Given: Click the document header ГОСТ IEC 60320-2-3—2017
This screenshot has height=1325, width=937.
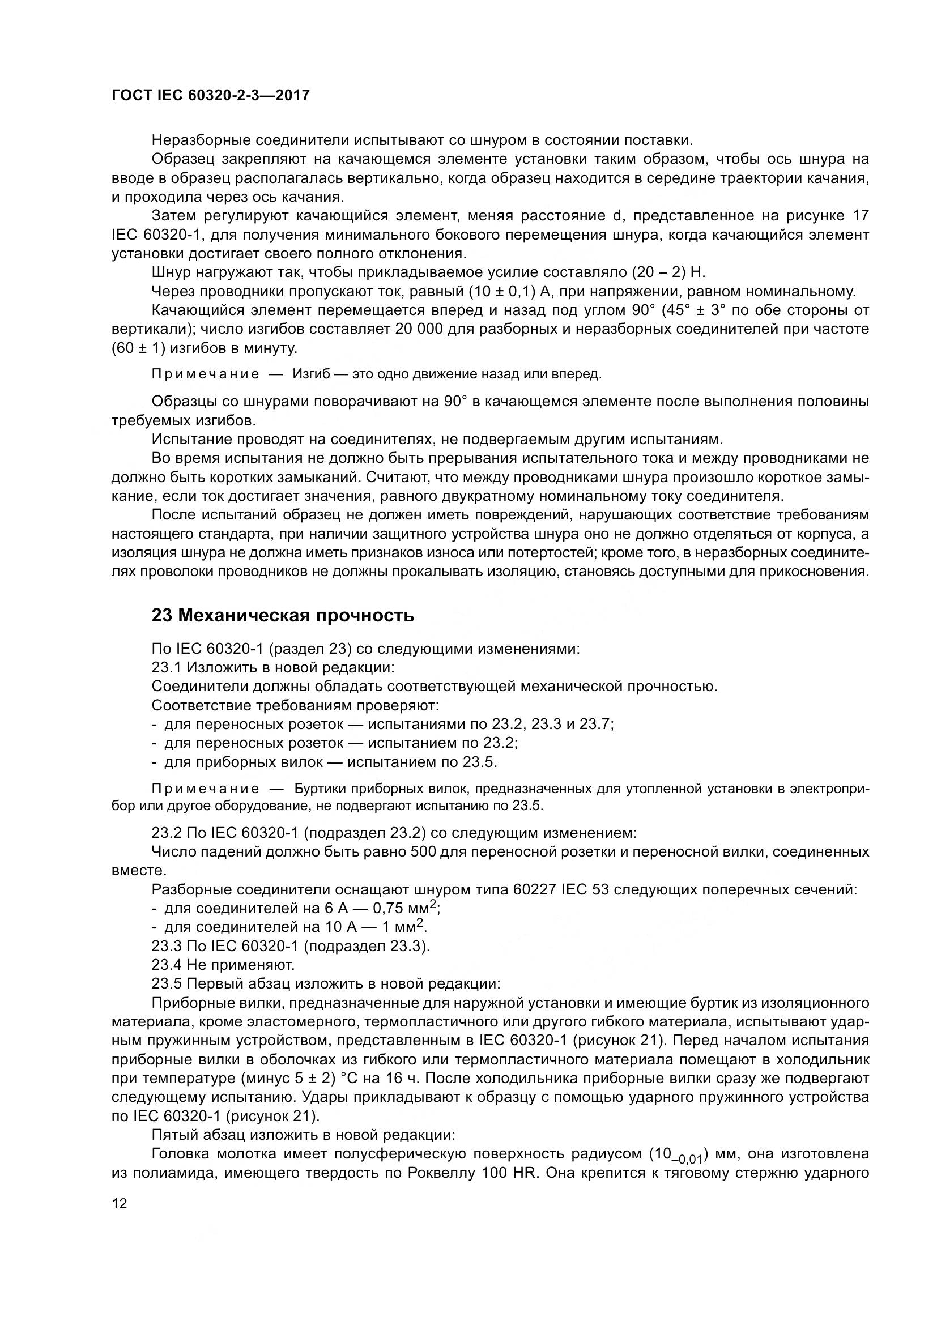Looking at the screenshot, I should coord(210,95).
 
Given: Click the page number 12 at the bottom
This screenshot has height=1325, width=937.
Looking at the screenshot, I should coord(119,1203).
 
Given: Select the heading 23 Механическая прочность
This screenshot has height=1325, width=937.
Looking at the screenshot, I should coord(283,616).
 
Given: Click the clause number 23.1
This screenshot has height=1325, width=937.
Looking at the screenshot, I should coord(166,668).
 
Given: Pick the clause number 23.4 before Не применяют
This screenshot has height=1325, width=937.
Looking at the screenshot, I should coord(166,964).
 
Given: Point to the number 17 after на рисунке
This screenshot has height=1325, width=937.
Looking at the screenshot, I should coord(860,216).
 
